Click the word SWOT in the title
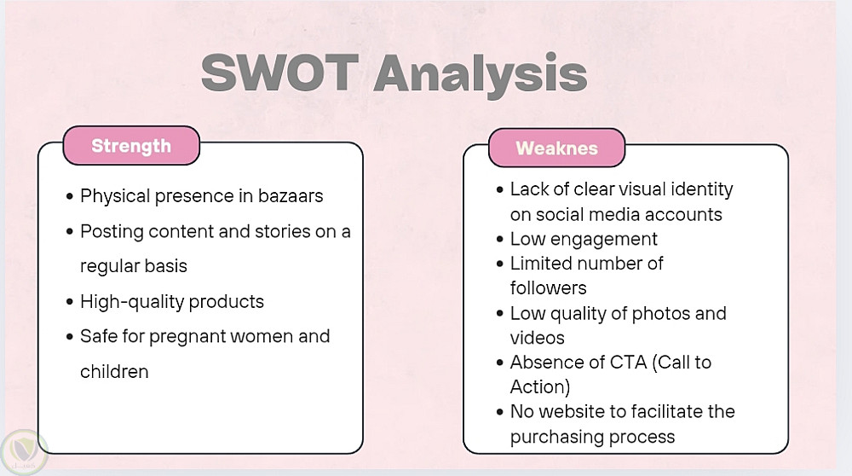(x=279, y=73)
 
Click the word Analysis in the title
(x=481, y=76)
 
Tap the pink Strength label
(x=131, y=146)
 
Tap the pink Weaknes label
(x=557, y=148)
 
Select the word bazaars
(x=291, y=196)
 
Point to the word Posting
(x=112, y=232)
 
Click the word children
(x=114, y=372)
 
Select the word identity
(x=702, y=190)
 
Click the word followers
(x=548, y=287)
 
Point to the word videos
(x=538, y=338)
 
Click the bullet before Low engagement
(x=500, y=240)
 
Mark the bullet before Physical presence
(x=70, y=196)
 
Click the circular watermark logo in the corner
(x=24, y=451)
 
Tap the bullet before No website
(x=500, y=412)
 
